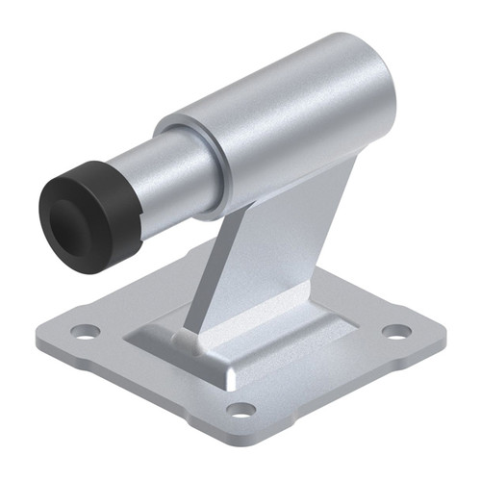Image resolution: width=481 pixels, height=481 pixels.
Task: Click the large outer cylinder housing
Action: point(289,125)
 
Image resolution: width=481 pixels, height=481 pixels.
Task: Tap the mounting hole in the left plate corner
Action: point(85,331)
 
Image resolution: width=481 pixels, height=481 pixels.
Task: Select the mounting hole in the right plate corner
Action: point(395,331)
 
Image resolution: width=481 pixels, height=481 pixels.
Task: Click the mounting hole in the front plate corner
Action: point(240,409)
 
